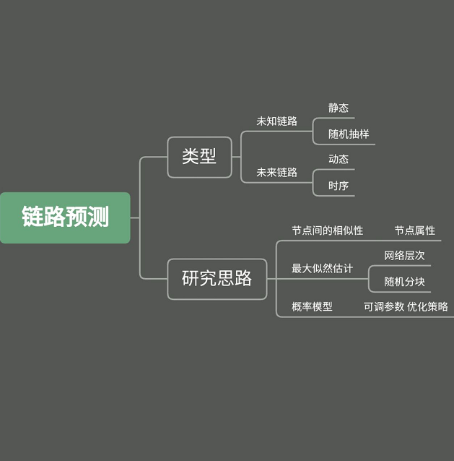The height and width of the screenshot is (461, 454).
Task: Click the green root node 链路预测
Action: click(x=65, y=217)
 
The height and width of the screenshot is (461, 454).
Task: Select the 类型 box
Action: click(x=199, y=157)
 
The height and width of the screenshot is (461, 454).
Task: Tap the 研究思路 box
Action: click(x=217, y=278)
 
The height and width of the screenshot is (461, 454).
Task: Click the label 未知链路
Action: click(x=276, y=121)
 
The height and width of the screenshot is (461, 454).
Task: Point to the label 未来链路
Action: click(x=276, y=173)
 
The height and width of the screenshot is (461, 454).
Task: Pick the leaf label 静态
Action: click(x=339, y=108)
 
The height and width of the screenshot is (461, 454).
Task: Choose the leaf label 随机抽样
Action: click(x=349, y=134)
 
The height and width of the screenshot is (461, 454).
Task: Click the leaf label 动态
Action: click(x=339, y=159)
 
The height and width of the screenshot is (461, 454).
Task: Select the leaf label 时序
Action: click(x=339, y=186)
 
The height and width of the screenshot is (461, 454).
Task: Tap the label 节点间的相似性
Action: click(x=327, y=231)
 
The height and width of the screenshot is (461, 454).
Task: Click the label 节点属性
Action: click(x=414, y=231)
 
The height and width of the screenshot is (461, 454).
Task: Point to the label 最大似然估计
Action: click(x=322, y=268)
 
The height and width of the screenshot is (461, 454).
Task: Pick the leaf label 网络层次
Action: click(x=404, y=255)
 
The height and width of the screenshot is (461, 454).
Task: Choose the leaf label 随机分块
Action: click(x=404, y=281)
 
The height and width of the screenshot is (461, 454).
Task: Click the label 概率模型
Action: click(x=312, y=306)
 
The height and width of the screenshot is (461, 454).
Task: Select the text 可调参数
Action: click(x=384, y=306)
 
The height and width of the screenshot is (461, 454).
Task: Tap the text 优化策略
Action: click(x=427, y=306)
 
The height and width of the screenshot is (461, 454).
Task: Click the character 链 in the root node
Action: click(x=32, y=217)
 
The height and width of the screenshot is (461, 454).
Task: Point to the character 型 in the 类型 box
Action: click(x=208, y=157)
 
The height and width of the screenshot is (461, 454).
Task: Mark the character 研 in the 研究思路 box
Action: click(x=191, y=278)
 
